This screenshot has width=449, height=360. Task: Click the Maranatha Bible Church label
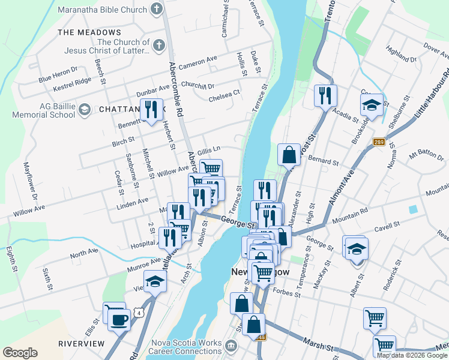coord(103,10)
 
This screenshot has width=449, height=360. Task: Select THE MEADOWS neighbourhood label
coord(89,32)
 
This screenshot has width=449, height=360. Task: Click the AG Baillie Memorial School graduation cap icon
coord(85,109)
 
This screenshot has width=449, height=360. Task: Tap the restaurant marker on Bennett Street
coord(151,109)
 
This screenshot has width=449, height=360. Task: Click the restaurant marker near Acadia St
coord(325,95)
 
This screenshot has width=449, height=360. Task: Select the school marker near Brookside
coord(372,104)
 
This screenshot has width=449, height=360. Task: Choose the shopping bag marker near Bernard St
coord(289,154)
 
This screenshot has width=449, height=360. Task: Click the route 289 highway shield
coord(378,142)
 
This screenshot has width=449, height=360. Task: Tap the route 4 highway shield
coord(139,313)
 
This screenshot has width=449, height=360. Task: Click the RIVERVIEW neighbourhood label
coord(82,344)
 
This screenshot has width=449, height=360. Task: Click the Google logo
coord(20,353)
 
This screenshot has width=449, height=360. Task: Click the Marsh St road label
coord(318,347)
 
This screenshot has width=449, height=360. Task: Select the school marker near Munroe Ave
coord(155,282)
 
